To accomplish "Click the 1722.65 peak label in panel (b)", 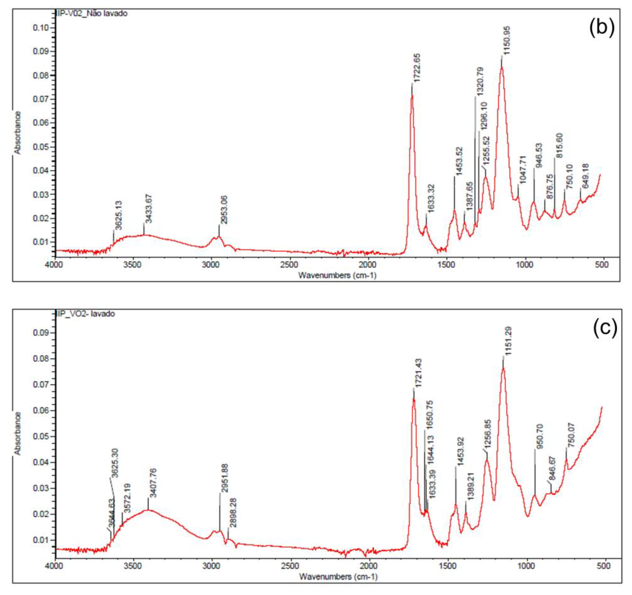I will pos(418,68).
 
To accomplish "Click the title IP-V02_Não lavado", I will pos(92,13).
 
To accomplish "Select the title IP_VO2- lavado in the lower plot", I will pos(86,314).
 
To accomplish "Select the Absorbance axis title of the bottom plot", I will pos(18,433).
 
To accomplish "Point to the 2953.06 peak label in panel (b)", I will pos(224,210).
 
